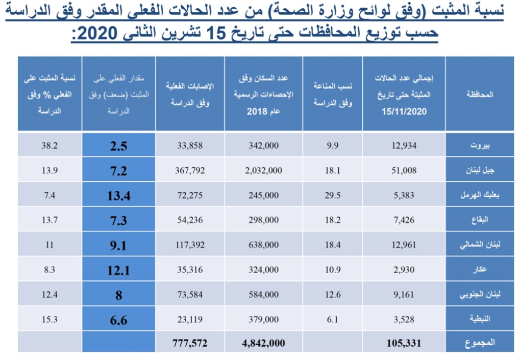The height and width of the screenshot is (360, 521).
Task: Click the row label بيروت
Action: click(x=478, y=146)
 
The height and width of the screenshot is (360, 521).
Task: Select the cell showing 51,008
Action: click(x=404, y=171)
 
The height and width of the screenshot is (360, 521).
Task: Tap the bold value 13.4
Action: click(x=117, y=196)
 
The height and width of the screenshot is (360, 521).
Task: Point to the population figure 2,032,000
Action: click(x=263, y=171)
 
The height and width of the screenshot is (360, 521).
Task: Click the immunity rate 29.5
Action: click(x=333, y=196)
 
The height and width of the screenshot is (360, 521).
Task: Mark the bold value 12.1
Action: click(x=117, y=270)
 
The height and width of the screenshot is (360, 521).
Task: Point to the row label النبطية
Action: click(x=478, y=319)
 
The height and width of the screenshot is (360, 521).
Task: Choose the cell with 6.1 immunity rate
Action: click(x=333, y=319)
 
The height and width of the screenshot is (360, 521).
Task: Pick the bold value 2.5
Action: click(x=117, y=146)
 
